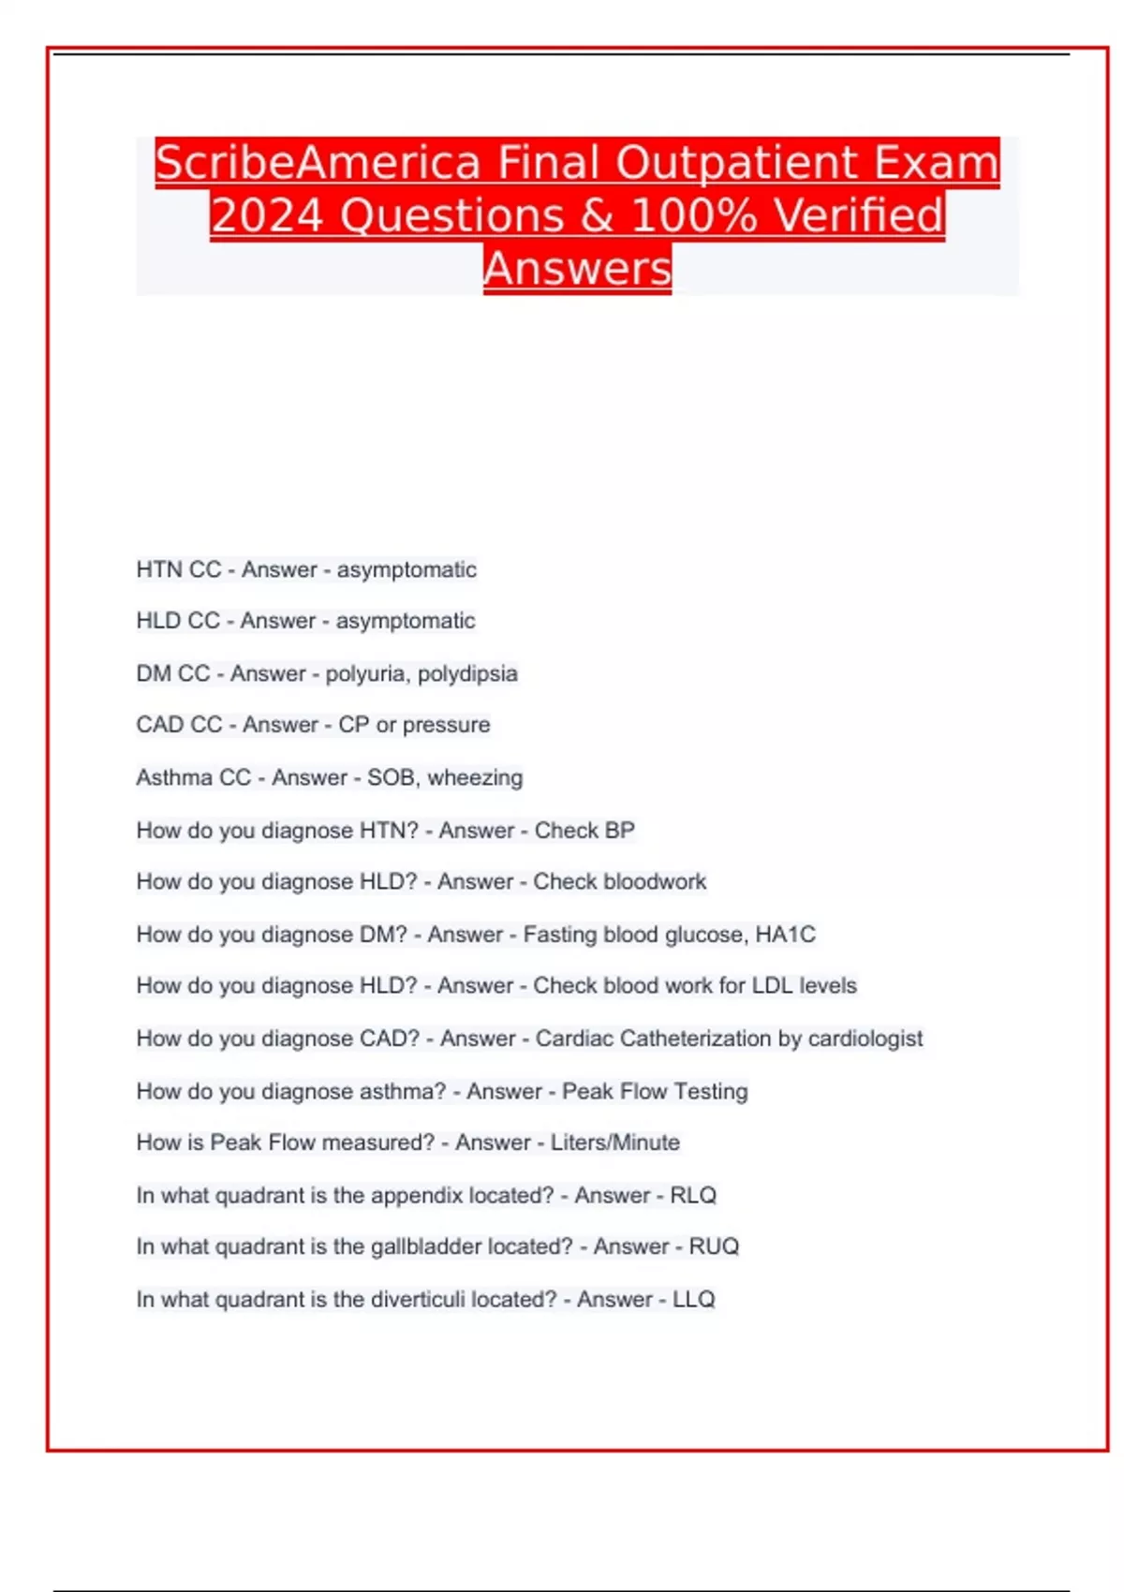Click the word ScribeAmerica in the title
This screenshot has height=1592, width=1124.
tap(318, 163)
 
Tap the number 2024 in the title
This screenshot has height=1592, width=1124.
tap(267, 215)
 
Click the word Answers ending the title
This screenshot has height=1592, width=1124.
tap(578, 269)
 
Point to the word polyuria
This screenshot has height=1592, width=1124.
tap(366, 673)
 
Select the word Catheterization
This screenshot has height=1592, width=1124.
tap(695, 1038)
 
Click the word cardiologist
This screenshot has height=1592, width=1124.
tap(865, 1038)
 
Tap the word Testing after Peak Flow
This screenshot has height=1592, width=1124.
tap(710, 1091)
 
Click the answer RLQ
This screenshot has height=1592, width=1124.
tap(693, 1195)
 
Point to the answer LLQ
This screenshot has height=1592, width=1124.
tap(693, 1299)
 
